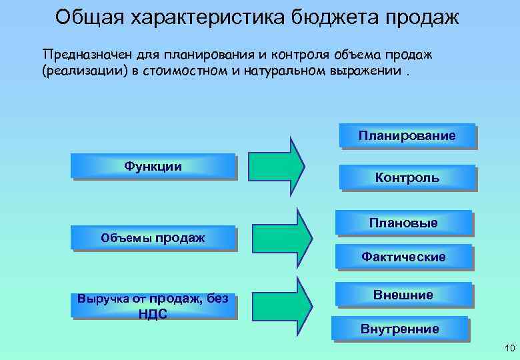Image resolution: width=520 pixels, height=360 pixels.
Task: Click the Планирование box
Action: pos(407,136)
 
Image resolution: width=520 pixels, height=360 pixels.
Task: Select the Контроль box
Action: pos(407,177)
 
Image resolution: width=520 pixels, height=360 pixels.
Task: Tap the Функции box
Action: pos(153,167)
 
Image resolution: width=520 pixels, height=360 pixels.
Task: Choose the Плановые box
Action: pos(403,223)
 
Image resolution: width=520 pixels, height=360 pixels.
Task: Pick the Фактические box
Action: pos(403,257)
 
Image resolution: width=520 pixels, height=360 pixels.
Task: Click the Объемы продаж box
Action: pos(153,238)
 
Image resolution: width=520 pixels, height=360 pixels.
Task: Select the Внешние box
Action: pos(403,295)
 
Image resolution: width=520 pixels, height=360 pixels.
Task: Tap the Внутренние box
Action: pos(400,329)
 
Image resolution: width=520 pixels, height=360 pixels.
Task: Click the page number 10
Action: pos(511,347)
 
